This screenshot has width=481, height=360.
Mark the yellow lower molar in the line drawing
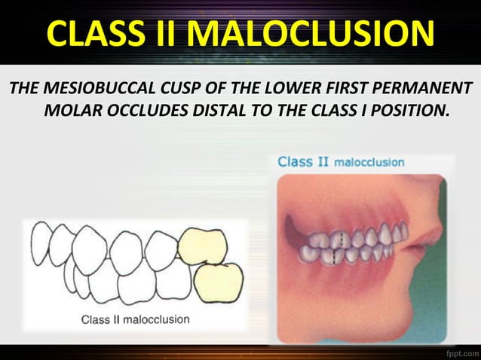pos(219,281)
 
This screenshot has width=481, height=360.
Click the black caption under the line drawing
pos(136,319)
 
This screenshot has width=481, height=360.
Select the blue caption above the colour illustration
pos(341,162)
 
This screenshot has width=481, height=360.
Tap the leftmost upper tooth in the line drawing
pos(39,245)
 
